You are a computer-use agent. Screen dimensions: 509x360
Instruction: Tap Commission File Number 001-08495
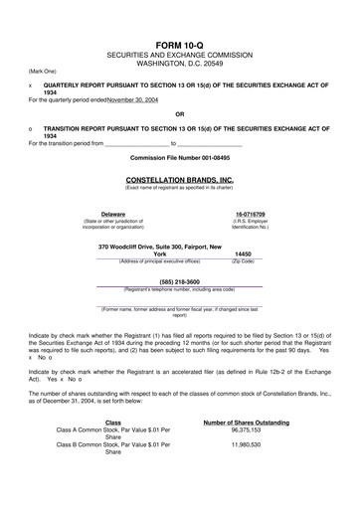(180, 157)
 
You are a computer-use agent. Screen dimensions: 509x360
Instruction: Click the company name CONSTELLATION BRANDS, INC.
(180, 179)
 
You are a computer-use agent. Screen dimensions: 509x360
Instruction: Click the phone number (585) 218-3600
(180, 280)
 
